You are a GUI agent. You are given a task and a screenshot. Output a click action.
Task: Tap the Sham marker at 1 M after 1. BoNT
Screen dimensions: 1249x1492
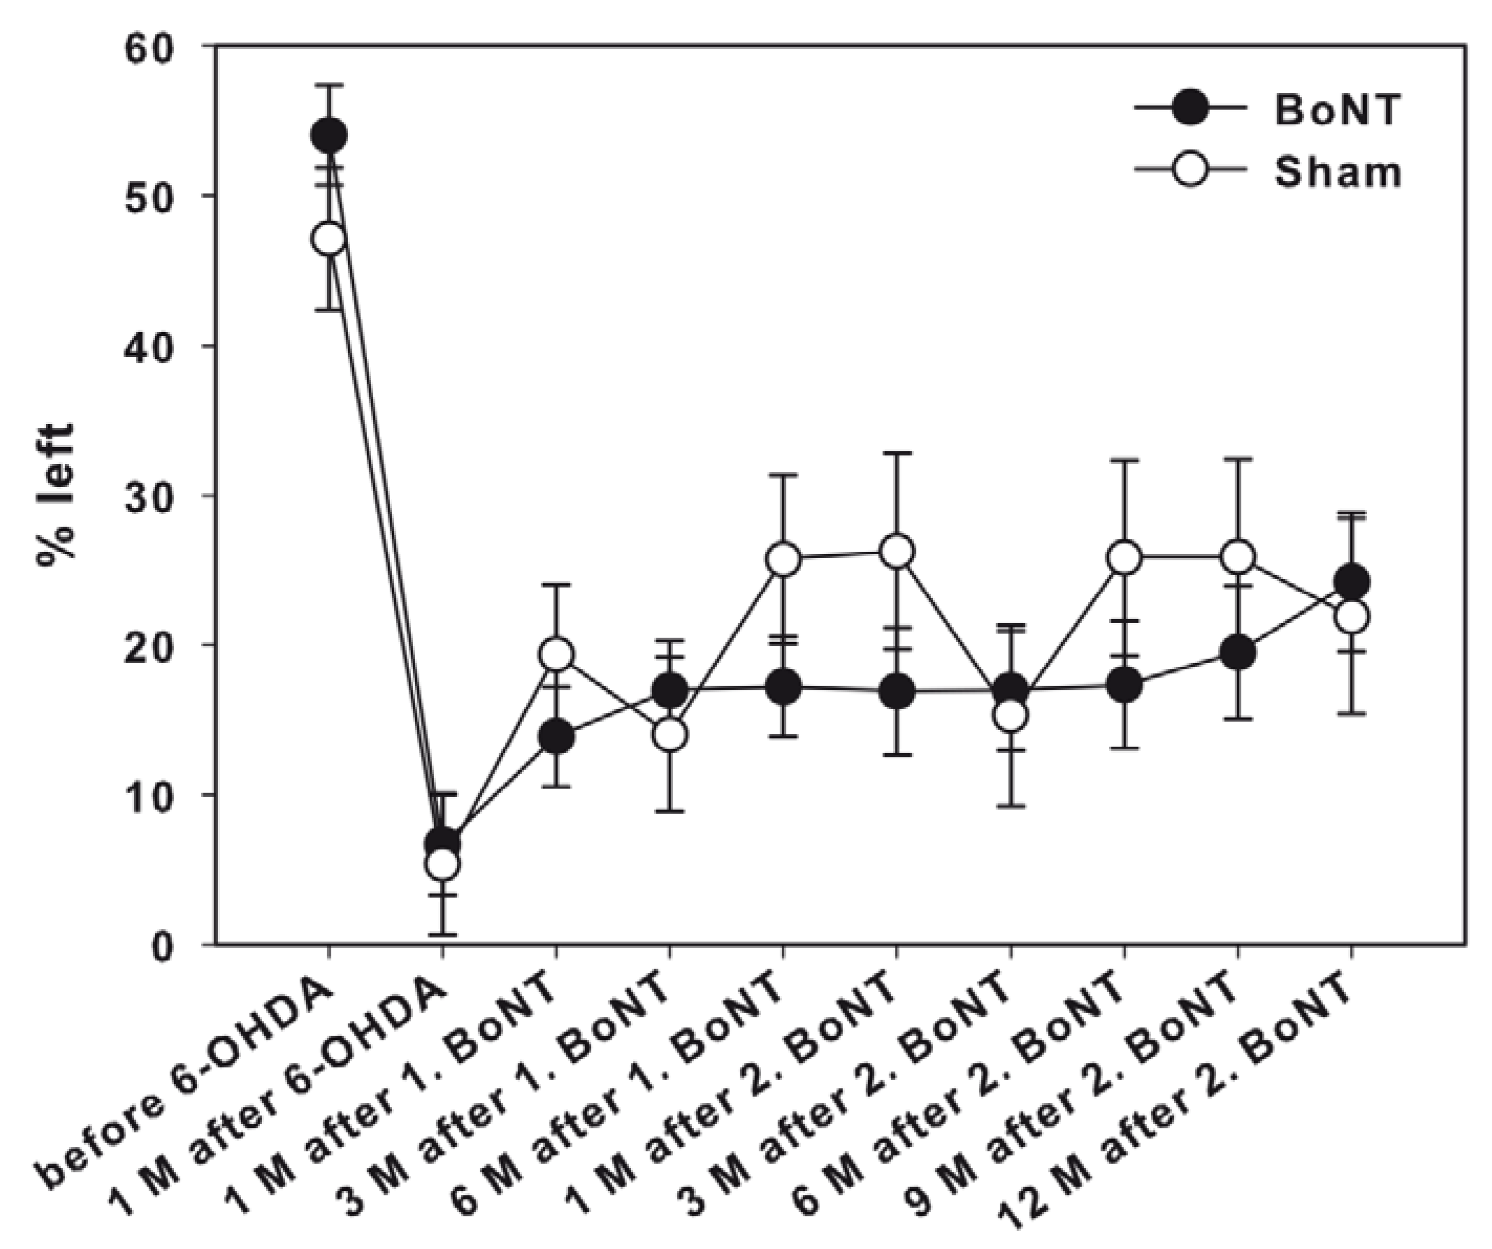[x=556, y=654]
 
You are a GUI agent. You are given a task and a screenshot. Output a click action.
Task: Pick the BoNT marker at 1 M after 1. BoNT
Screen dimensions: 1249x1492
[x=556, y=737]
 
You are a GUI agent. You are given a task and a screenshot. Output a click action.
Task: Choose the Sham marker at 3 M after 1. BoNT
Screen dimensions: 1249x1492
[x=669, y=735]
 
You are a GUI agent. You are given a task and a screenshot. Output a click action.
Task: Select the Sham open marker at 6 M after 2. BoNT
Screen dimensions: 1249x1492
[x=1124, y=559]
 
